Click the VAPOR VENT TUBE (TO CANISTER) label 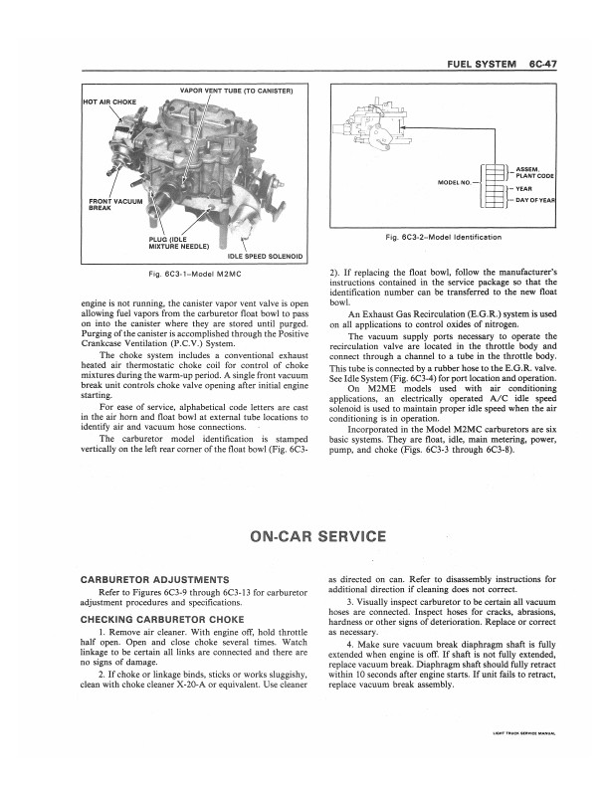tap(235, 92)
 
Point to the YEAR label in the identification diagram tap(524, 188)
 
